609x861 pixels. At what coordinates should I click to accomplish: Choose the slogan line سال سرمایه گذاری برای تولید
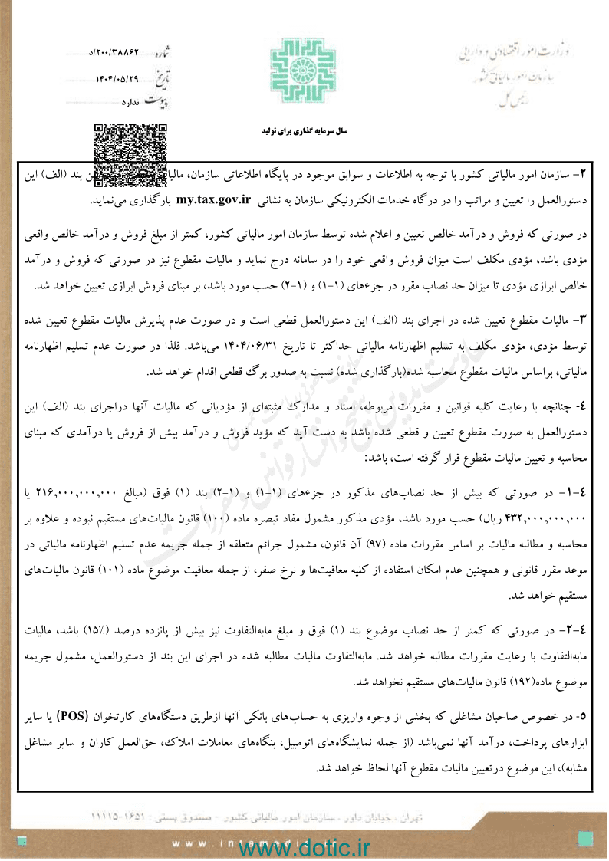[x=304, y=132]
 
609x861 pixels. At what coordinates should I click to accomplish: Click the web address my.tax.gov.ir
[x=214, y=202]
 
